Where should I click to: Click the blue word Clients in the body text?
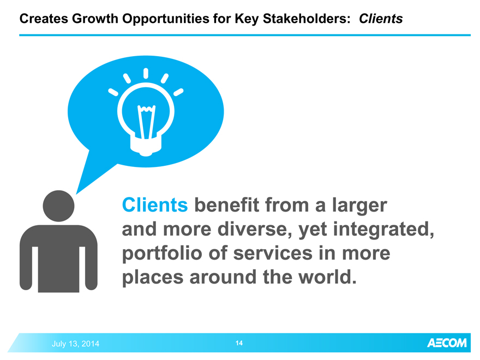[155, 205]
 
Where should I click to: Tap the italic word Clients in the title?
[381, 19]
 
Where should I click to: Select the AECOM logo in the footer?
[447, 343]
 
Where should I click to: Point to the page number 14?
[239, 343]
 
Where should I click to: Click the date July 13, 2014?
[75, 344]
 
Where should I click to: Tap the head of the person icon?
[58, 206]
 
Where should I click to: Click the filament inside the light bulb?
[146, 122]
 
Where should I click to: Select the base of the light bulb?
[146, 146]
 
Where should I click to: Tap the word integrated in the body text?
[383, 230]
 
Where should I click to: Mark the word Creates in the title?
[44, 19]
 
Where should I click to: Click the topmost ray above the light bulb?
[146, 74]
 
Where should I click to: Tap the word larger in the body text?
[359, 206]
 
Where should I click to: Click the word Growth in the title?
[95, 19]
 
